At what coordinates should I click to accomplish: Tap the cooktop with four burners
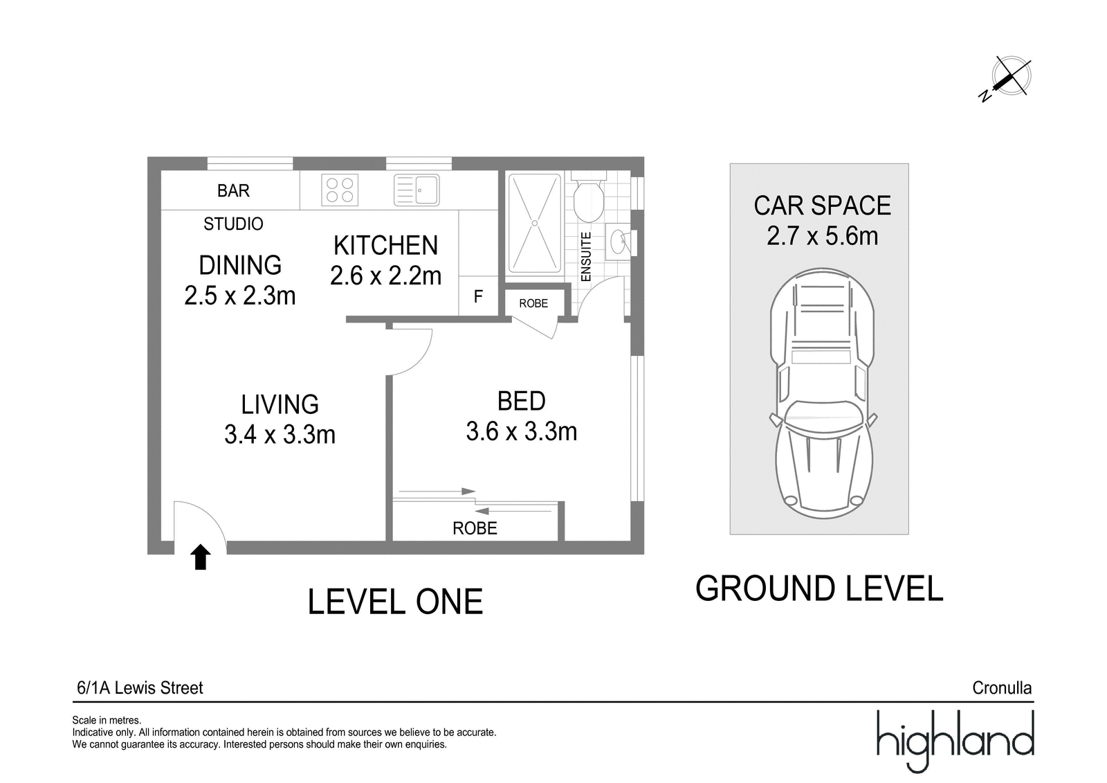tap(340, 190)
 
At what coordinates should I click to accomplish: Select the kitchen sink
tap(417, 190)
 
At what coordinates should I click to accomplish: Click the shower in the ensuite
tap(535, 223)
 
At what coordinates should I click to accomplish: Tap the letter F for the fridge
tap(478, 296)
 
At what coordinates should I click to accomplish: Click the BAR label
tap(233, 190)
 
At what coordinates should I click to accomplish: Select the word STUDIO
tap(233, 224)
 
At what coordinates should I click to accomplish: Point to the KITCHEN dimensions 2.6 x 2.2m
tap(385, 276)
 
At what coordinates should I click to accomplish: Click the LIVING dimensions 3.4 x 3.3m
tap(280, 435)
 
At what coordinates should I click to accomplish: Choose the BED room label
tap(522, 401)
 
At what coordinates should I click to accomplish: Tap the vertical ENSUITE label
tap(585, 257)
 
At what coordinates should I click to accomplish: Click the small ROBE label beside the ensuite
tap(533, 303)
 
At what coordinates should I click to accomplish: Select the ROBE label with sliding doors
tap(475, 528)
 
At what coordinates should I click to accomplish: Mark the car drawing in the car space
tap(822, 393)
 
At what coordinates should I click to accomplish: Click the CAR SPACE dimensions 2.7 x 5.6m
tap(823, 235)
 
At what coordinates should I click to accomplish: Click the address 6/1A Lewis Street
tap(140, 688)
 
